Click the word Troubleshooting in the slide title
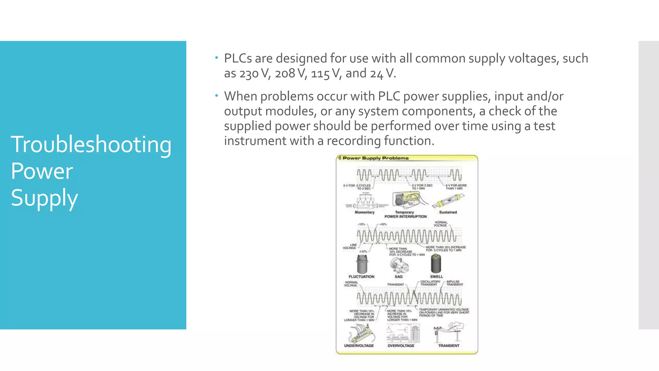click(x=91, y=144)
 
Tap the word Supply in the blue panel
click(x=44, y=198)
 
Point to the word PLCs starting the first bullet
click(x=238, y=58)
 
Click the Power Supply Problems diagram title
click(x=375, y=158)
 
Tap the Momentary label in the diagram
click(x=364, y=212)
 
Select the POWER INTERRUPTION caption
click(x=405, y=217)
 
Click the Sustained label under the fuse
click(x=448, y=212)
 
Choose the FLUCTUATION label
click(x=361, y=277)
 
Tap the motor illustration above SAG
click(x=399, y=265)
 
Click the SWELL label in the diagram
click(x=436, y=277)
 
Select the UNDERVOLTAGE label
click(x=359, y=346)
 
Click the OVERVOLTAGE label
click(x=401, y=346)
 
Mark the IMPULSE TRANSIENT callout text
click(x=454, y=283)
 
